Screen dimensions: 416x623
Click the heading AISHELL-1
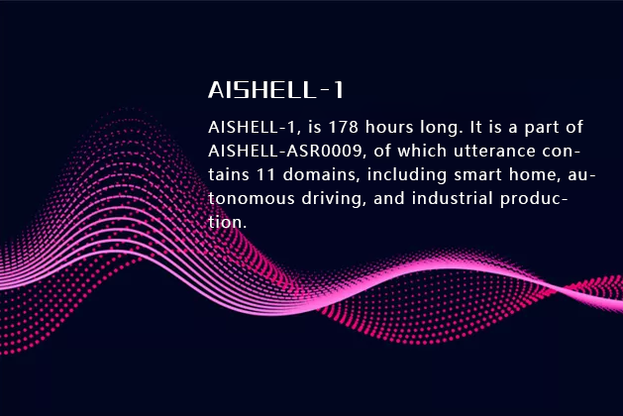coord(276,90)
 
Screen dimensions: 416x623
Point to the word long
coord(441,129)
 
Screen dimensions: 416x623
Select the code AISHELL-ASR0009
coord(278,152)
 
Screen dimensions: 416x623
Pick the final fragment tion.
coord(226,223)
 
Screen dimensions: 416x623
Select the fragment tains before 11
coord(229,175)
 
